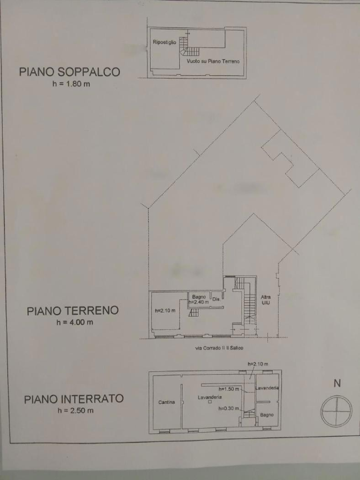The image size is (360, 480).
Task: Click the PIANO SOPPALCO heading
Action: tap(69, 72)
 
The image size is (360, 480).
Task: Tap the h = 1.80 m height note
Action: tap(70, 85)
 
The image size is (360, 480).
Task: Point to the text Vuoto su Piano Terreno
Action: tap(213, 61)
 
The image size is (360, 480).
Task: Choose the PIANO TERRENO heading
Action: tap(73, 311)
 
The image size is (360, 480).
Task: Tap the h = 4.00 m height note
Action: tap(73, 323)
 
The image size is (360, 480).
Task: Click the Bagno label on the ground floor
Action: tap(198, 297)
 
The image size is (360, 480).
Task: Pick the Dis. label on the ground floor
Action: tap(216, 299)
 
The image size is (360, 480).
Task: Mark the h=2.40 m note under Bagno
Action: tap(198, 302)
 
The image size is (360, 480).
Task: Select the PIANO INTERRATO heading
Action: tap(73, 399)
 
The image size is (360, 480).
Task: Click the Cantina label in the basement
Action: tap(167, 402)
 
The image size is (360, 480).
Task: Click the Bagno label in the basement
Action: tap(267, 414)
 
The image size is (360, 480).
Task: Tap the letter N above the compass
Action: tap(337, 383)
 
